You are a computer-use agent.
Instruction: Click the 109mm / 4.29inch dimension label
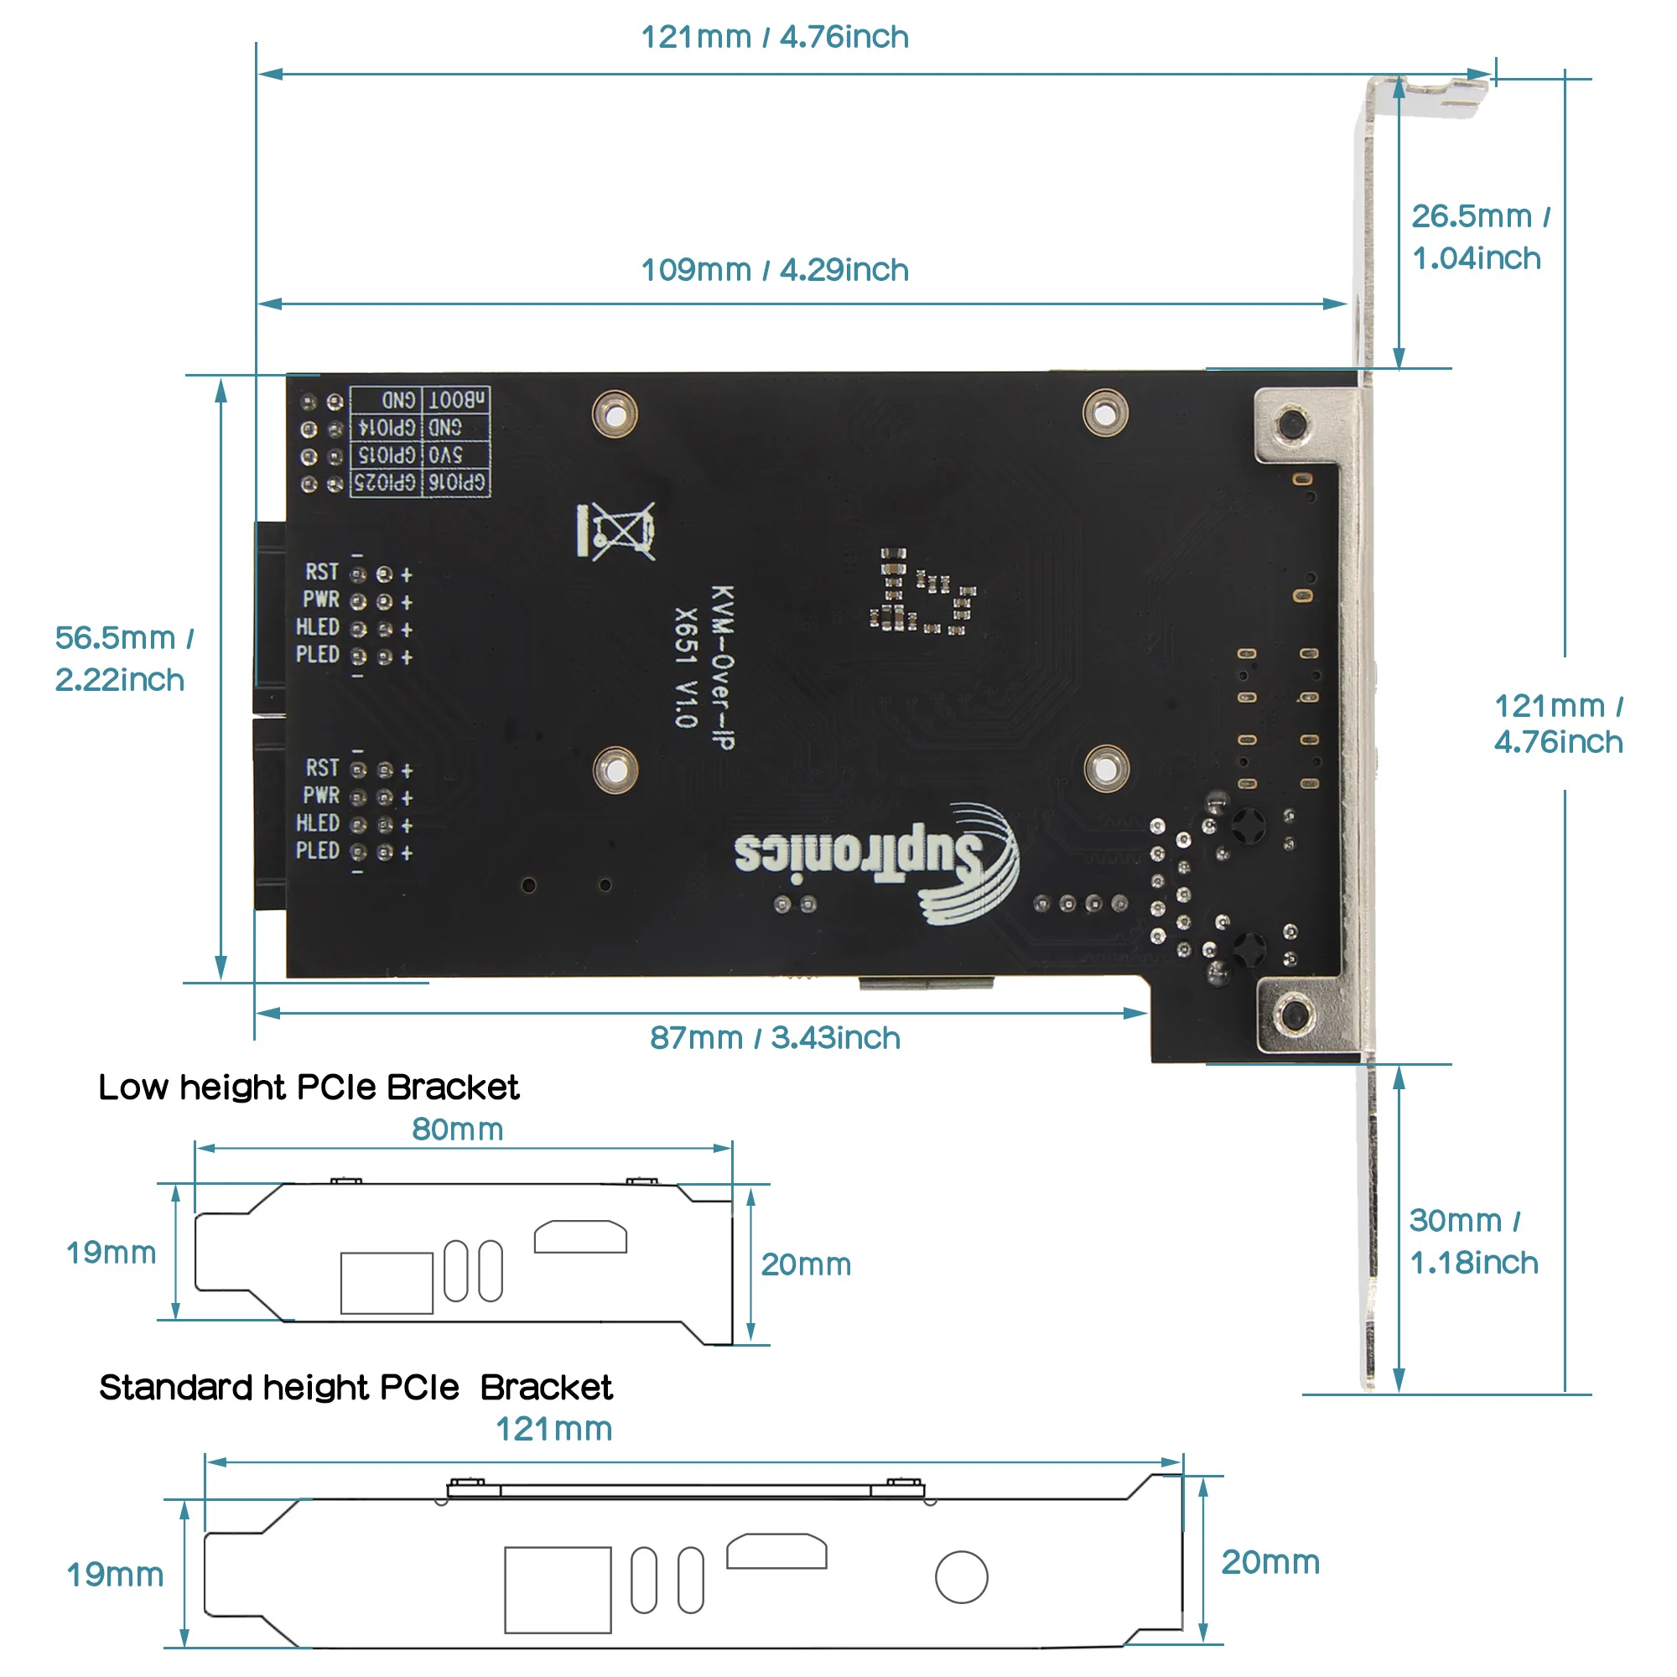point(774,270)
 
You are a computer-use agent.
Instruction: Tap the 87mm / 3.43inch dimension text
point(774,1037)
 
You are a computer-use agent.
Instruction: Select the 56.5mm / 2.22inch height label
point(122,658)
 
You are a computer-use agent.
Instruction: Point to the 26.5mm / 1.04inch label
point(1479,237)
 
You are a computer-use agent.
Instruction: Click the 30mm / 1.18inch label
point(1473,1241)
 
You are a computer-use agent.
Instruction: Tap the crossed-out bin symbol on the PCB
point(616,531)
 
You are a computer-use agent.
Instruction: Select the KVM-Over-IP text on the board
point(722,666)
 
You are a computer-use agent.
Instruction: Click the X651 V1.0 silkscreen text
point(686,666)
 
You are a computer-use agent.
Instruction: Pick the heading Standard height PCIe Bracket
point(356,1387)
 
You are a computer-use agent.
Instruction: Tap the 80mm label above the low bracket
point(458,1129)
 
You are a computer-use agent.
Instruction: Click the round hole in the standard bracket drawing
point(961,1576)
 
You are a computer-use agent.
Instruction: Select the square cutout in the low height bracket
point(387,1282)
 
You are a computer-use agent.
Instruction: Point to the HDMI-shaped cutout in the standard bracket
point(776,1550)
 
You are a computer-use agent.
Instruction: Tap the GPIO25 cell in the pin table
point(386,482)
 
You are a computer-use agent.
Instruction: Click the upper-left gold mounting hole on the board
point(615,415)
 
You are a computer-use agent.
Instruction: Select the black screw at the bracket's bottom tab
point(1294,1013)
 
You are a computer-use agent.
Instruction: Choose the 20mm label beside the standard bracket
point(1269,1561)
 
